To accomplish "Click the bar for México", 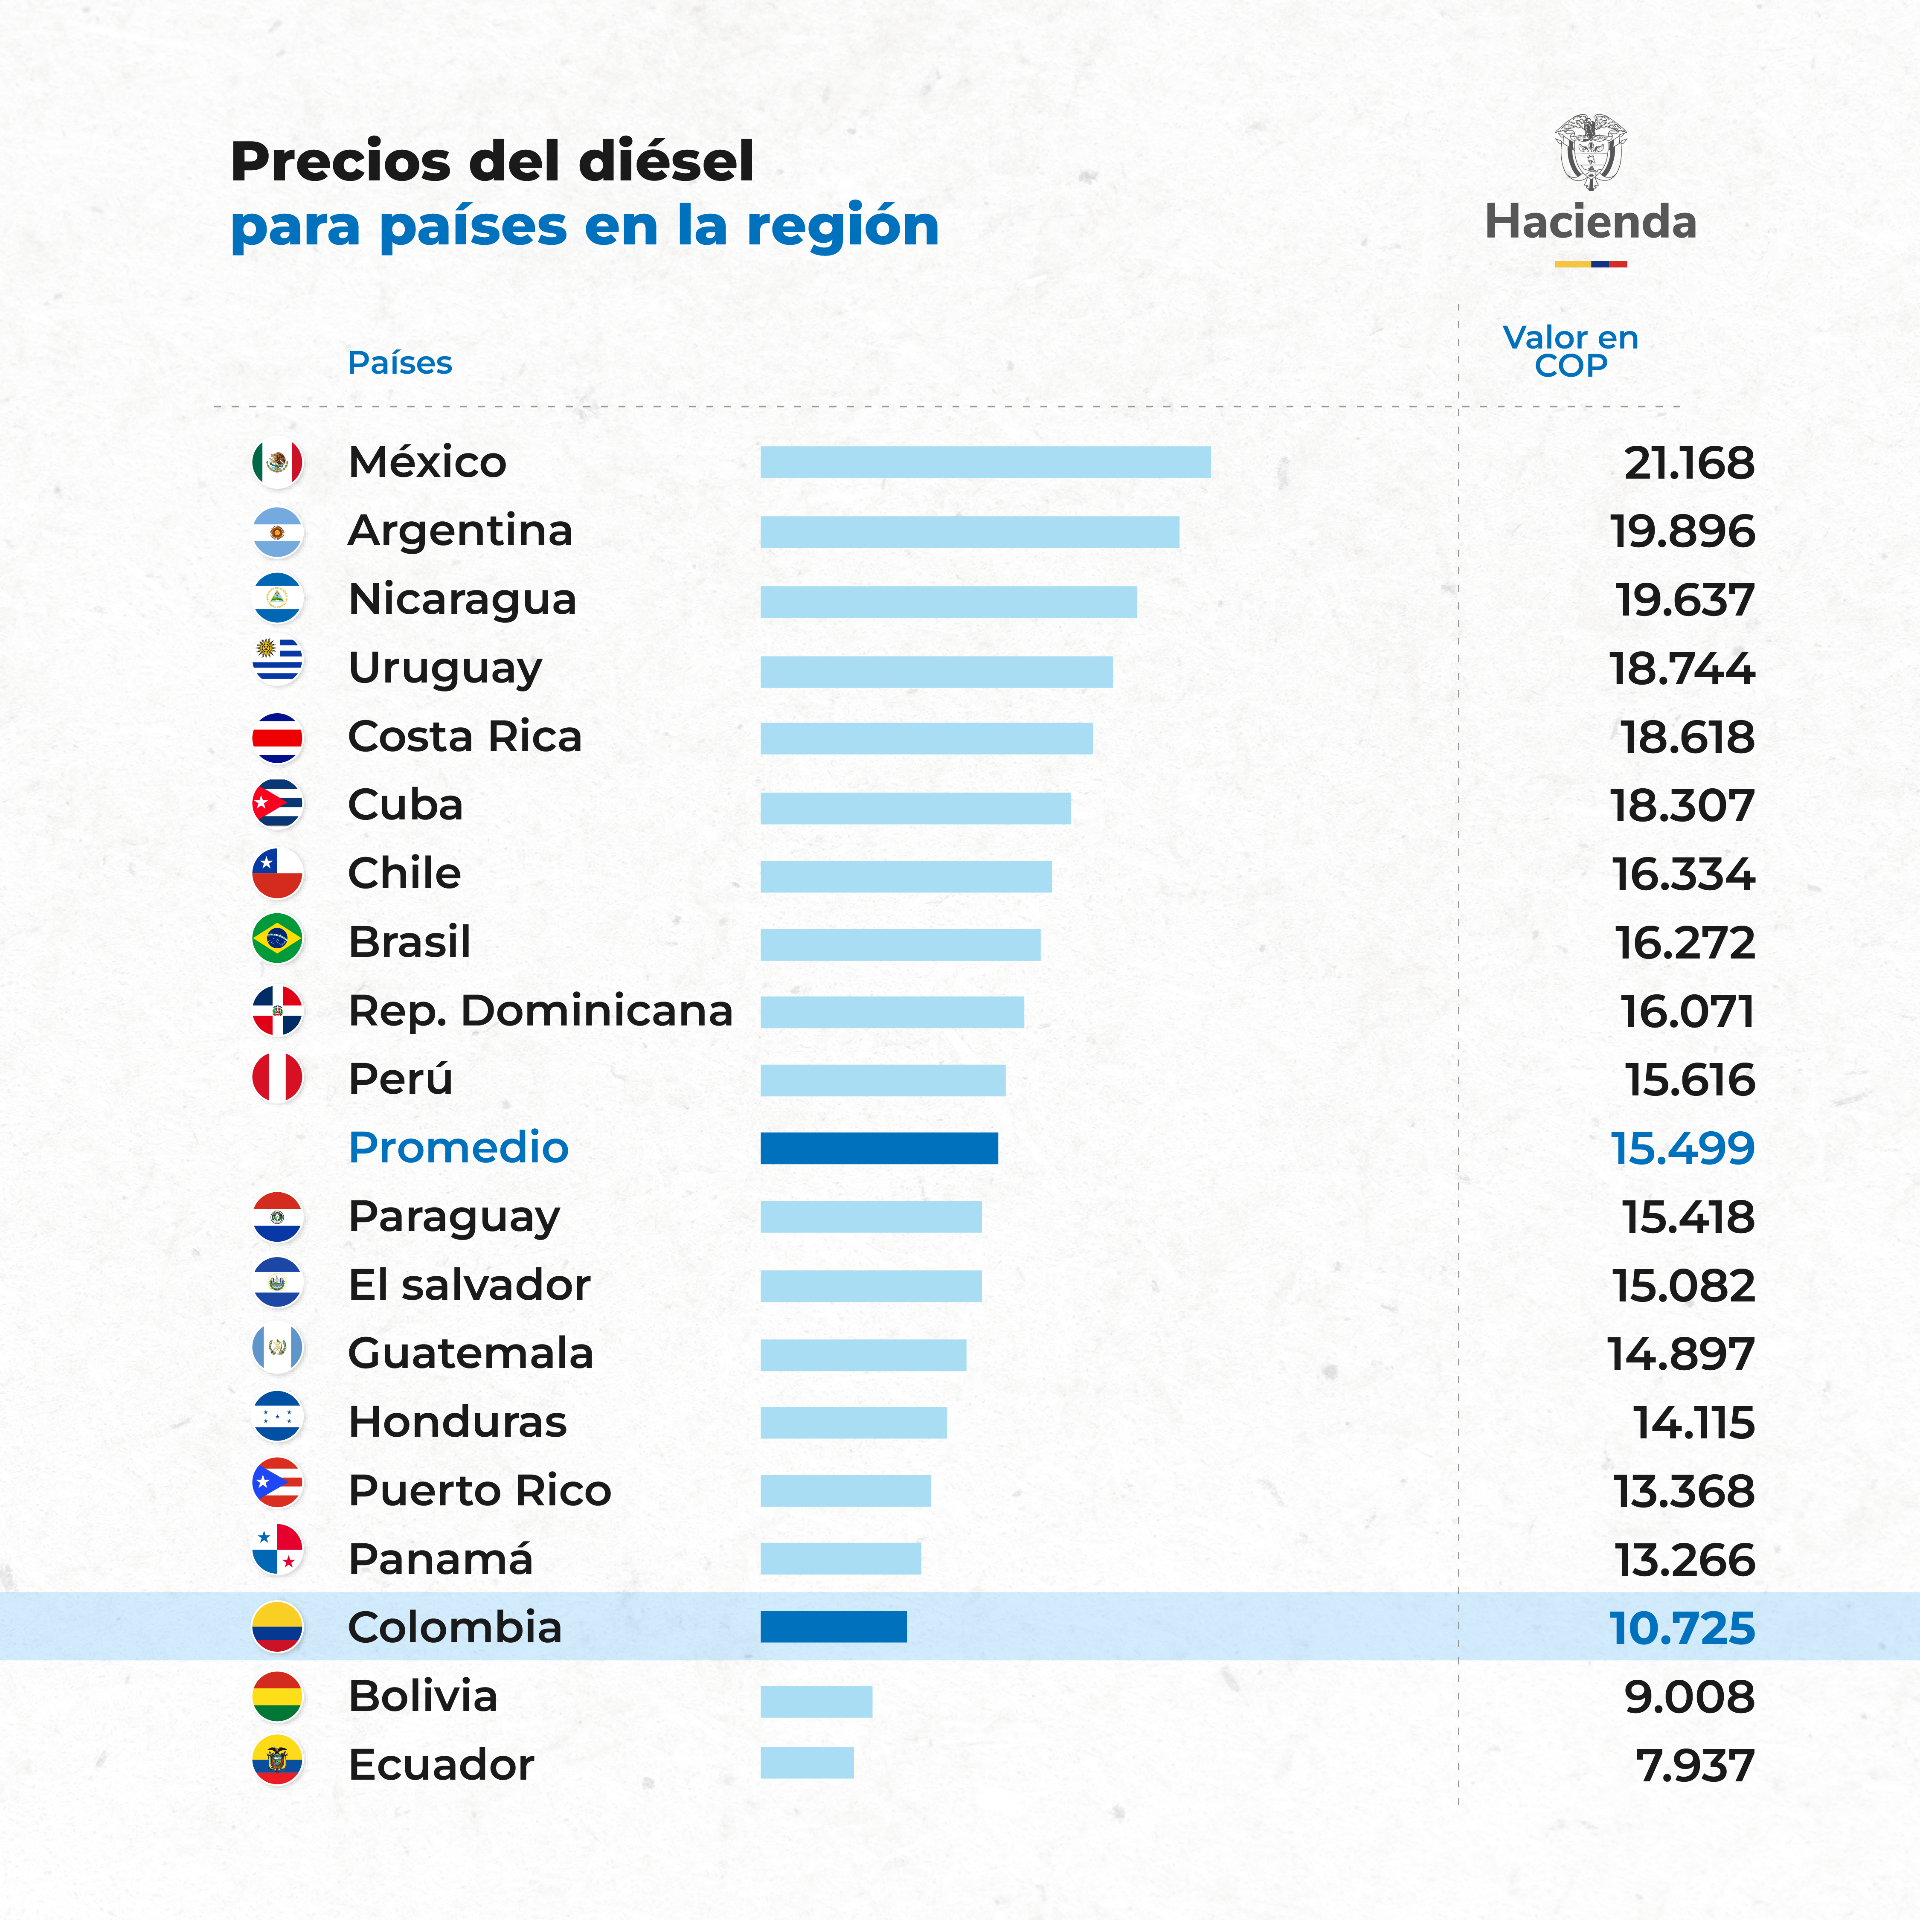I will click(985, 462).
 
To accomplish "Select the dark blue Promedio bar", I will click(878, 1148).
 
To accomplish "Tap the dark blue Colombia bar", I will click(833, 1627).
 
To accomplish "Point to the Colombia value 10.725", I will click(1682, 1628).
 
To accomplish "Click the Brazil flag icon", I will click(277, 939).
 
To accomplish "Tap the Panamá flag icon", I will click(277, 1550).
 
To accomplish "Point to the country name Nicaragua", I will click(462, 599).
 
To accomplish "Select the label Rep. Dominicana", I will click(540, 1011).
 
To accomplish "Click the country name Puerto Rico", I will click(479, 1491).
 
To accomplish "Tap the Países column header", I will click(400, 363).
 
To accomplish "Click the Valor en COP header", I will click(1570, 351).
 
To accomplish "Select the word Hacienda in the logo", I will click(1590, 222).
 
